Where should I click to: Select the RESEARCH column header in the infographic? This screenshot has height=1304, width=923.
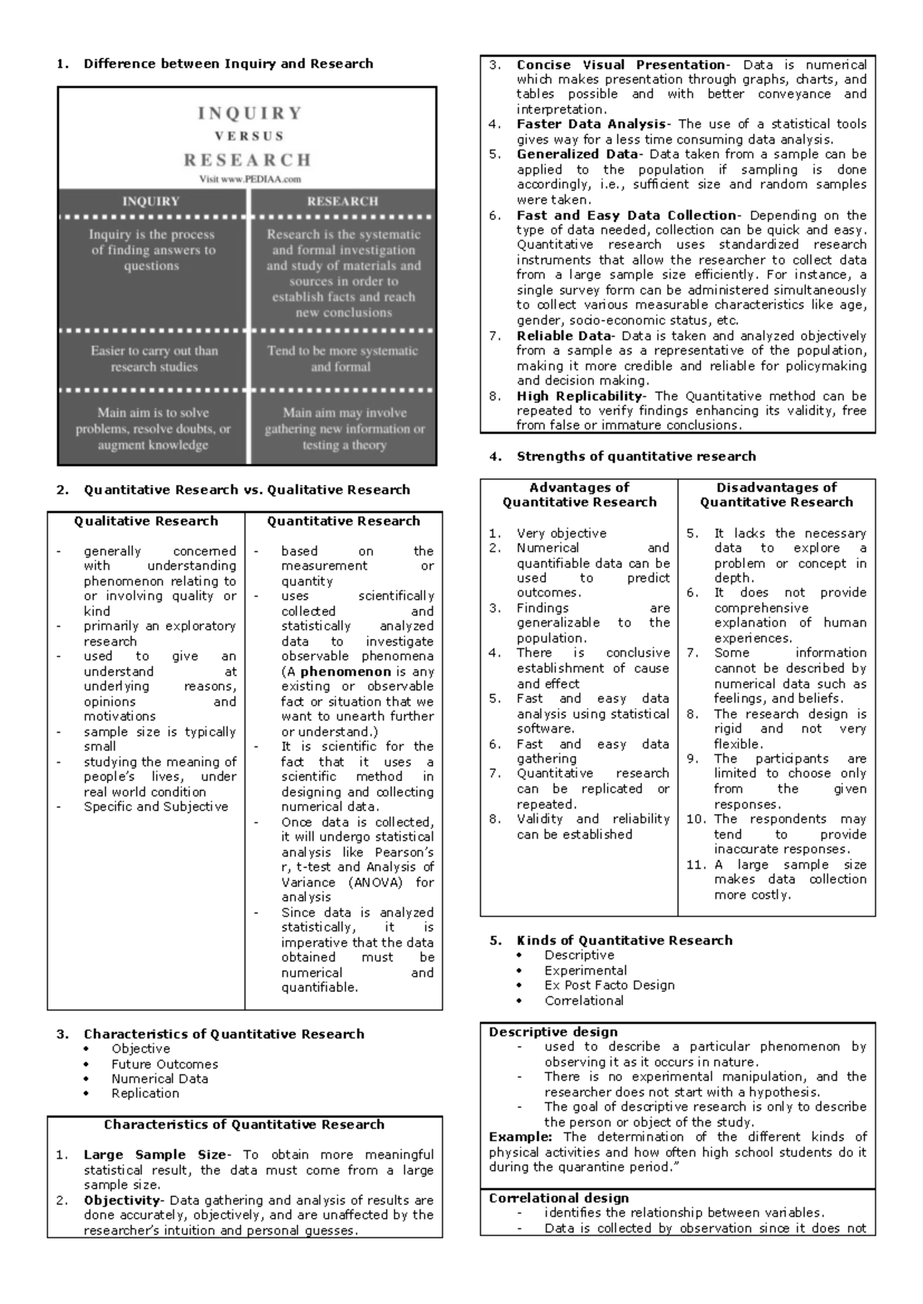click(x=342, y=201)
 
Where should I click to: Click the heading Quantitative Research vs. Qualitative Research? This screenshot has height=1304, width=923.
click(x=247, y=490)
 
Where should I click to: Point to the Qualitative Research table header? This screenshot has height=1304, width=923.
click(x=146, y=521)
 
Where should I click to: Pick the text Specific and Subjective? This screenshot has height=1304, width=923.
click(x=156, y=807)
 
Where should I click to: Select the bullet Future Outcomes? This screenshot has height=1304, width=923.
click(x=165, y=1064)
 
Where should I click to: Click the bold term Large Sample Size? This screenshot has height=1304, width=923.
click(x=155, y=1155)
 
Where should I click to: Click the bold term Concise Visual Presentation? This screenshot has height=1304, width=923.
click(x=620, y=65)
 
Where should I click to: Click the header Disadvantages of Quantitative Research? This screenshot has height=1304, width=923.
click(x=776, y=494)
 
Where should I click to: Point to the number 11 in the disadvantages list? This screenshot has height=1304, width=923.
click(x=695, y=864)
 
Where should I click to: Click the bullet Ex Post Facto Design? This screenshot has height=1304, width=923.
click(x=609, y=985)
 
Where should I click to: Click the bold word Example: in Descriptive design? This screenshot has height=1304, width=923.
click(x=520, y=1136)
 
